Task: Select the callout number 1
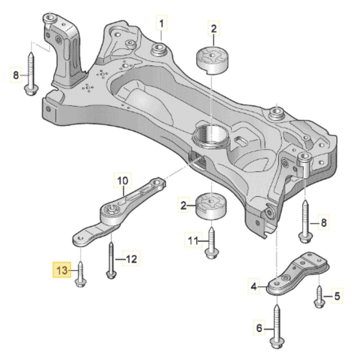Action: [162, 23]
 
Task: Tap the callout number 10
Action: [122, 181]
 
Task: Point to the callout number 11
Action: [193, 240]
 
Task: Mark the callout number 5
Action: [337, 296]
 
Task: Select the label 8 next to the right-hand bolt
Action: [323, 223]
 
